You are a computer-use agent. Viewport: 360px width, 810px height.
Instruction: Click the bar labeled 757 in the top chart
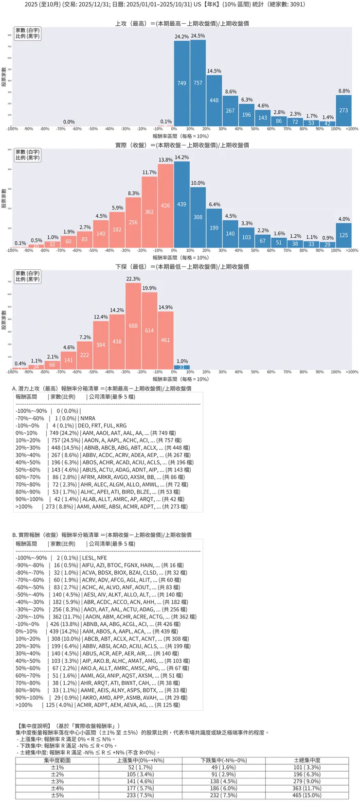click(x=198, y=83)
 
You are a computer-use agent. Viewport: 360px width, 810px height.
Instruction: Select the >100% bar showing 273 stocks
click(x=343, y=110)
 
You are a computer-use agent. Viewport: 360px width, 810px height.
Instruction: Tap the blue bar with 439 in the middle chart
click(x=182, y=205)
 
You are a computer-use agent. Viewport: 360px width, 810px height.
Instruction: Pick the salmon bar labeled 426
click(x=165, y=206)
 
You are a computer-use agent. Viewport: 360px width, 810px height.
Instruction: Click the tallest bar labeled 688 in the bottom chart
click(x=133, y=326)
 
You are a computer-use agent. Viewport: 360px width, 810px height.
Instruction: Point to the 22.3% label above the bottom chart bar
click(x=133, y=279)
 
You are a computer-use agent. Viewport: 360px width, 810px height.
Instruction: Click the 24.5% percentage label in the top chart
click(x=198, y=36)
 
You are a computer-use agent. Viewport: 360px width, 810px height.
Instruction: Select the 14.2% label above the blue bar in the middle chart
click(x=182, y=158)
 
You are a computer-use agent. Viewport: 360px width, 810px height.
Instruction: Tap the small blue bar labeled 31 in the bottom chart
click(x=182, y=367)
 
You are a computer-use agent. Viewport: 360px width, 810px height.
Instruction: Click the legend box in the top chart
click(x=27, y=33)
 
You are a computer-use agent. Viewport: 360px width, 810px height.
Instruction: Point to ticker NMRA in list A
click(x=88, y=418)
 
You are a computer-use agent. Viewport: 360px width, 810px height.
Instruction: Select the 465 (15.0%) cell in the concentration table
click(x=307, y=795)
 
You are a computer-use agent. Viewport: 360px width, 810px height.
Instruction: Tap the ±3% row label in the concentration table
click(x=57, y=781)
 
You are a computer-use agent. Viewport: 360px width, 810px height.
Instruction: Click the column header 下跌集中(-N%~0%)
click(x=224, y=760)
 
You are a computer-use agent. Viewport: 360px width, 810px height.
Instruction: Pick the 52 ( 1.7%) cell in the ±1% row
click(x=141, y=767)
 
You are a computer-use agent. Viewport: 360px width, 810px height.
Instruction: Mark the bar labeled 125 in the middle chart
click(x=343, y=235)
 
